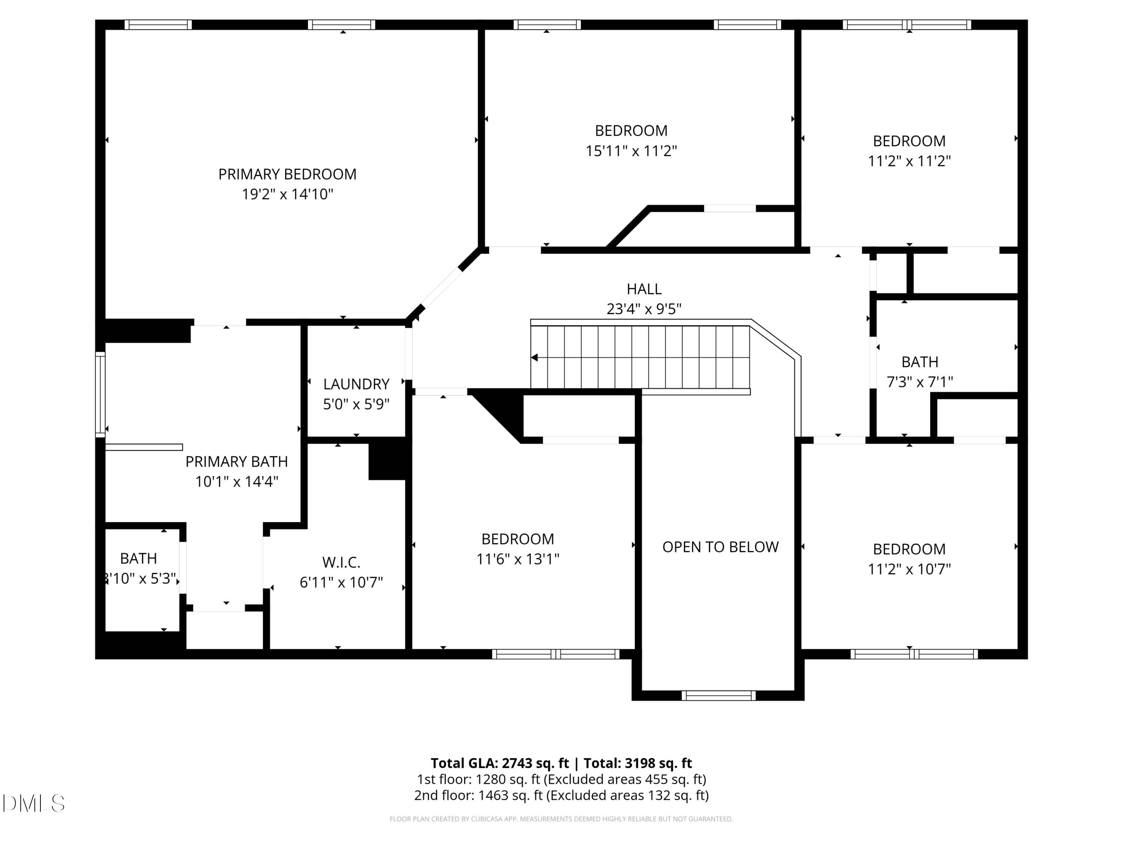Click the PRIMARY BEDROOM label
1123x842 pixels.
click(287, 174)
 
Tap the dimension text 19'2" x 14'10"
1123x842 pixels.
click(287, 194)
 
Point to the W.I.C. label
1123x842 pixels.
click(341, 562)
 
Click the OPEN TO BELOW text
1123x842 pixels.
click(721, 547)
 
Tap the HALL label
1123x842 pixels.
click(644, 289)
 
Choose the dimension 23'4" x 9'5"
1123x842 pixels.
click(644, 309)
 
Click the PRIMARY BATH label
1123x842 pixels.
click(237, 461)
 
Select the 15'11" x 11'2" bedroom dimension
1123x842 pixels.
click(632, 151)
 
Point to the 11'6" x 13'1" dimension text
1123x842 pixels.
click(518, 559)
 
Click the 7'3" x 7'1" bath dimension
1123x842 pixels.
click(920, 382)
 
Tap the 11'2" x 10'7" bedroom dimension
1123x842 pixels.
click(909, 569)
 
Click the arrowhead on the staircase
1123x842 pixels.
click(534, 358)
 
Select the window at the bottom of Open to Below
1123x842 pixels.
click(718, 695)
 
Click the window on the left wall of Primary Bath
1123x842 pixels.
click(101, 394)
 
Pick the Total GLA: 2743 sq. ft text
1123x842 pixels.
click(500, 763)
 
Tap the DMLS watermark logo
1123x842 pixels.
click(34, 803)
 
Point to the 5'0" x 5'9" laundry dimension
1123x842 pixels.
click(356, 404)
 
